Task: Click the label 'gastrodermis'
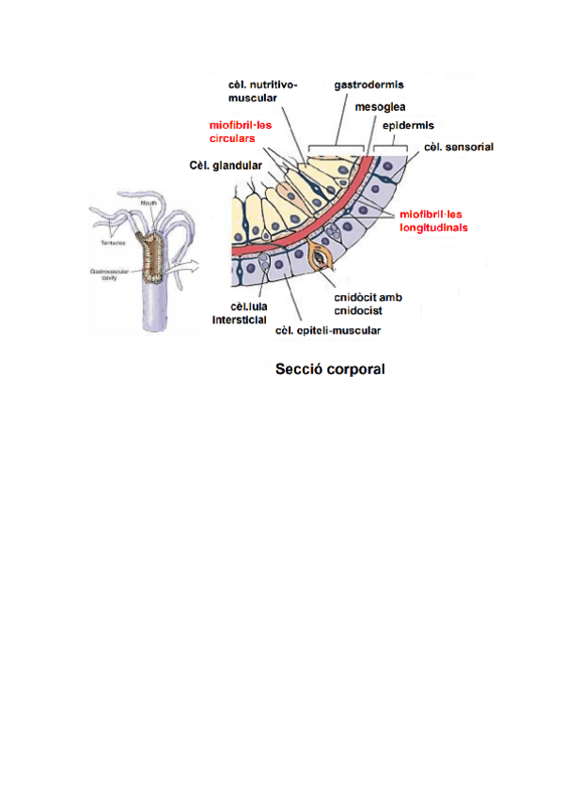click(369, 85)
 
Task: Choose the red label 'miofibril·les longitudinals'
click(433, 220)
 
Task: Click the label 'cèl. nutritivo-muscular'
click(262, 90)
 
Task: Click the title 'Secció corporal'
click(330, 369)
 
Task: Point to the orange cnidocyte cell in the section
click(324, 258)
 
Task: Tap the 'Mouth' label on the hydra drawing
click(149, 202)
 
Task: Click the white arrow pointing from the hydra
click(189, 266)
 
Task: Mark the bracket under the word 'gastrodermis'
click(337, 148)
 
